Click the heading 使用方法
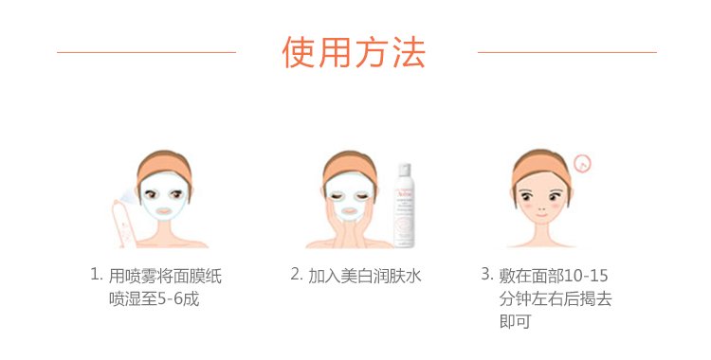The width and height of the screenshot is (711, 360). click(354, 52)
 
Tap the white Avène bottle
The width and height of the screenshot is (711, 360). click(404, 206)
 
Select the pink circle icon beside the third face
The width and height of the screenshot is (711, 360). click(582, 164)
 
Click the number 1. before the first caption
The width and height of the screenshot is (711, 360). click(97, 274)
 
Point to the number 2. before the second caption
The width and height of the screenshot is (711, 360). click(297, 274)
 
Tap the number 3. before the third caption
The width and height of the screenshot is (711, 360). click(487, 274)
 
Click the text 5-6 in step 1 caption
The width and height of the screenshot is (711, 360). click(167, 299)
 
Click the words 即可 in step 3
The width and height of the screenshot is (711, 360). click(515, 321)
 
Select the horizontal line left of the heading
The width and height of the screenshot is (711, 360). click(146, 52)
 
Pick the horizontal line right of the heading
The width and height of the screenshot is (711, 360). click(567, 52)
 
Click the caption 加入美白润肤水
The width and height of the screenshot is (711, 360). click(365, 276)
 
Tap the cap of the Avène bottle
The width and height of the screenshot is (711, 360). click(405, 170)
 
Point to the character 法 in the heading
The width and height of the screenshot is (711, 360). click(410, 52)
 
